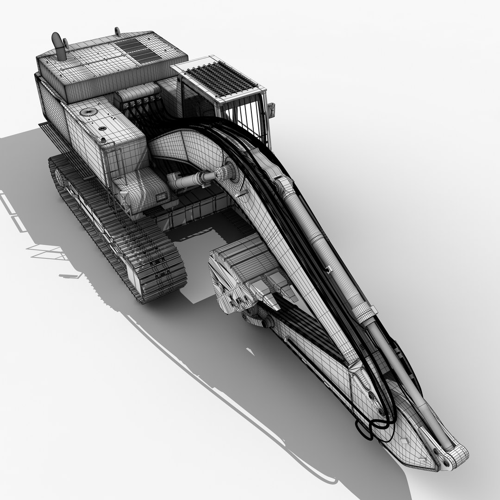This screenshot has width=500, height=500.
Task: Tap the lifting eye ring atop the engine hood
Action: (117, 31)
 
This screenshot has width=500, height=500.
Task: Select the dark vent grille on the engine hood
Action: (137, 50)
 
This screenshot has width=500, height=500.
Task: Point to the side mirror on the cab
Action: (271, 110)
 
